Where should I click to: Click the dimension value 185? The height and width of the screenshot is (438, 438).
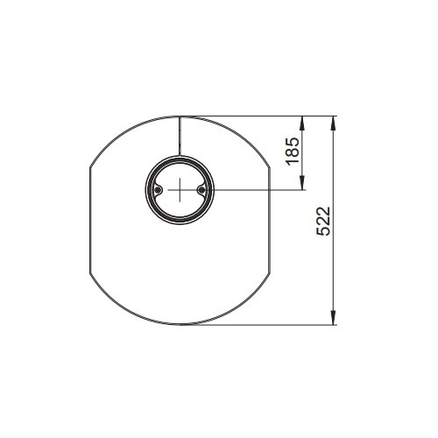coord(293,152)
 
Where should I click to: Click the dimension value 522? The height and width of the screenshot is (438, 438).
coord(323,221)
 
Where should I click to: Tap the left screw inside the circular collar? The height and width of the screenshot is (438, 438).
coord(158,190)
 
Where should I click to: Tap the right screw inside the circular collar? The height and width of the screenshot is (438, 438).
coord(201,190)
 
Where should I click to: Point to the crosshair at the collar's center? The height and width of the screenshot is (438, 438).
coord(180,190)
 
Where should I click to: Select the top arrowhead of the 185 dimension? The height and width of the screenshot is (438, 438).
coord(302,123)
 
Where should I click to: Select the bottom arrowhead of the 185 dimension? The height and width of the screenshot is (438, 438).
coord(302,183)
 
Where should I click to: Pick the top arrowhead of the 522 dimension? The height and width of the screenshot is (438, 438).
coord(333,123)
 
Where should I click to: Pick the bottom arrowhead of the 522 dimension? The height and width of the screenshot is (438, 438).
coord(333,318)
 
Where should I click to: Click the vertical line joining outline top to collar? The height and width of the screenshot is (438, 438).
coord(180,136)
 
